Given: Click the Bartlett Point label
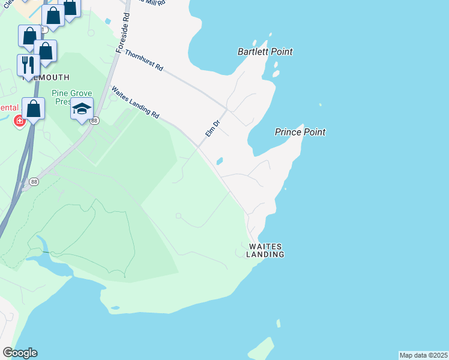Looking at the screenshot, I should coord(265,52).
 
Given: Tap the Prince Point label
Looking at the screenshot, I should coord(300,132).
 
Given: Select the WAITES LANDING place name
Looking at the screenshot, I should coord(265,250).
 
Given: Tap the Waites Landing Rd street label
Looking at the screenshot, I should coord(135,102).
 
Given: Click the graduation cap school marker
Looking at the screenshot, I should coord(82,109).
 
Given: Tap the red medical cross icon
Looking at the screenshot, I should coord(20,122).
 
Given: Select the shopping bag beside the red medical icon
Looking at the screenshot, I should coord(34,109).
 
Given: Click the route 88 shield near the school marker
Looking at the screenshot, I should coord(94,121).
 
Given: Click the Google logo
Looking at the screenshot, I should coord(20,353).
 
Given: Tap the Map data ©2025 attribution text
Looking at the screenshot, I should coord(424,355).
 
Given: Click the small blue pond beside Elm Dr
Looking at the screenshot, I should coord(220,161).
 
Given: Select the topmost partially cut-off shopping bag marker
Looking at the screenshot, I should coord(70,8).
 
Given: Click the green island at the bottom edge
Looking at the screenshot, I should coord(261,349).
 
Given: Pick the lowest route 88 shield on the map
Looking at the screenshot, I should coord(34,182).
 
